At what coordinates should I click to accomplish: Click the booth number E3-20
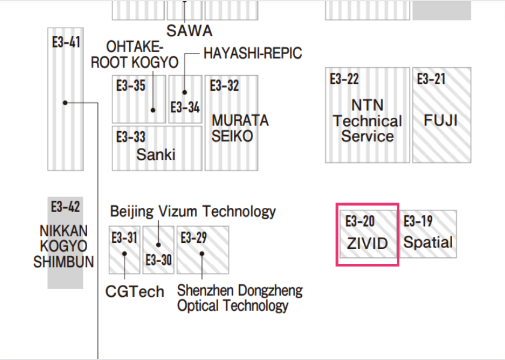(x=360, y=221)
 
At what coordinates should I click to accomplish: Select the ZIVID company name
(x=367, y=244)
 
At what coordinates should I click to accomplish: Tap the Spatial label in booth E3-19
(x=428, y=243)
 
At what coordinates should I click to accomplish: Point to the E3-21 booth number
(x=432, y=79)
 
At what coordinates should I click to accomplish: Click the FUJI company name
(x=441, y=120)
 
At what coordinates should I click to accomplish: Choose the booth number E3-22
(x=344, y=79)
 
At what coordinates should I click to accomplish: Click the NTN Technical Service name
(x=367, y=121)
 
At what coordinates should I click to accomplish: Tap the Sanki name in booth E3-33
(x=156, y=154)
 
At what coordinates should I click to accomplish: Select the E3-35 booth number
(x=131, y=86)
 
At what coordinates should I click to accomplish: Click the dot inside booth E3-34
(x=185, y=93)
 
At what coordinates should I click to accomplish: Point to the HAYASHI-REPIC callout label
(x=252, y=53)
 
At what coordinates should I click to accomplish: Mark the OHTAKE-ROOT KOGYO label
(x=135, y=55)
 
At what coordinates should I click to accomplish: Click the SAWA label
(x=189, y=30)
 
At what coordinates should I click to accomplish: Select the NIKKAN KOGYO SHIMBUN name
(x=64, y=246)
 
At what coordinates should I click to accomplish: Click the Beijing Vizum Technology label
(x=192, y=212)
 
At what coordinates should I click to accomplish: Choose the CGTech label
(x=135, y=292)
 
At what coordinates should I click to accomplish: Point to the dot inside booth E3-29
(x=203, y=253)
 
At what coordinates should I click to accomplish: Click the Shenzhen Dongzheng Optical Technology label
(x=239, y=298)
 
